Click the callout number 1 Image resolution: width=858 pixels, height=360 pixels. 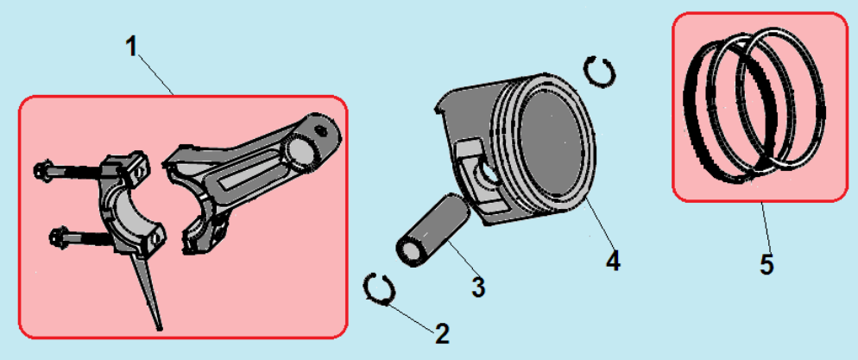[131, 47]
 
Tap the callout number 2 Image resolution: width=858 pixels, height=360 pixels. [442, 333]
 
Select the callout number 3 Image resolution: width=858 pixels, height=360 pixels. [477, 287]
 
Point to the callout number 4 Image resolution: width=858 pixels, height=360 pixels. [614, 261]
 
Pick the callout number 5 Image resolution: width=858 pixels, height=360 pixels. [767, 265]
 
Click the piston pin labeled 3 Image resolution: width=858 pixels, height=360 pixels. [432, 231]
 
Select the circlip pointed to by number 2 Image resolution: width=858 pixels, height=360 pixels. [378, 287]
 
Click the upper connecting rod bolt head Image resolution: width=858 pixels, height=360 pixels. [42, 169]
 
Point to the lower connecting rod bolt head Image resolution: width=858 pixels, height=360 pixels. [58, 237]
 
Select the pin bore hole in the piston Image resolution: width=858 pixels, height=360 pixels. [489, 174]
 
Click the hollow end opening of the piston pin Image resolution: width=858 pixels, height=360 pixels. [408, 253]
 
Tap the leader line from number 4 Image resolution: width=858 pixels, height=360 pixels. [598, 225]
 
